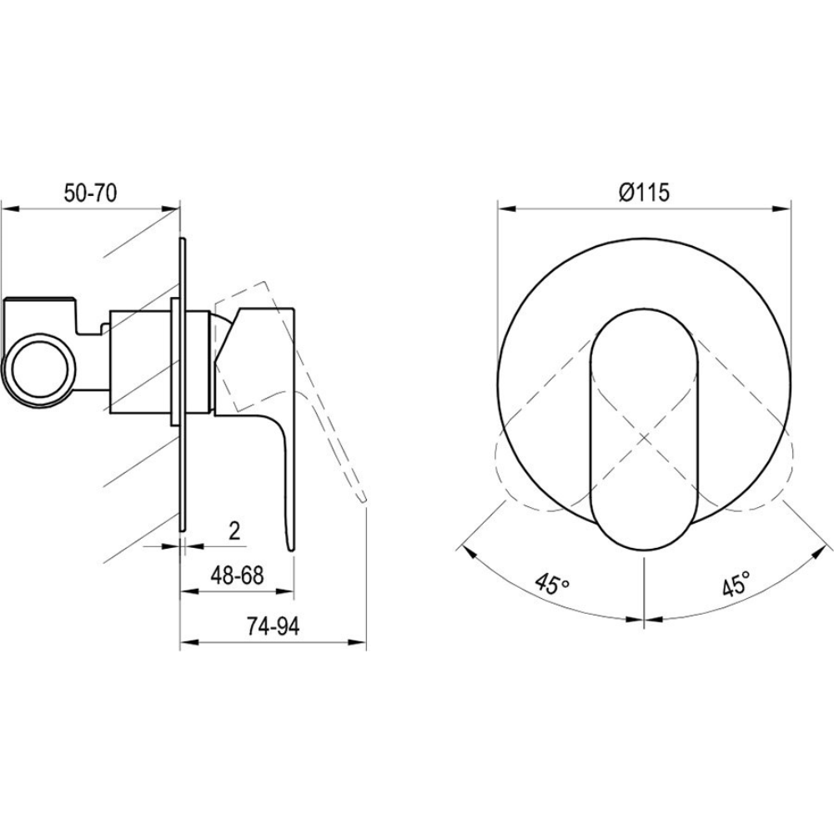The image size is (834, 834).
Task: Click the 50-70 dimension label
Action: (x=90, y=193)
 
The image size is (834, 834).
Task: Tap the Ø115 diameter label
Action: (x=644, y=192)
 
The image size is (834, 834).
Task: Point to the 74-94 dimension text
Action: (x=274, y=626)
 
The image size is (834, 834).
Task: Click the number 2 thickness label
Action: (x=234, y=530)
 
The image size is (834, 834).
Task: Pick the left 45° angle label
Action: (x=553, y=584)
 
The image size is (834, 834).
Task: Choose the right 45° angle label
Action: (x=736, y=584)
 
